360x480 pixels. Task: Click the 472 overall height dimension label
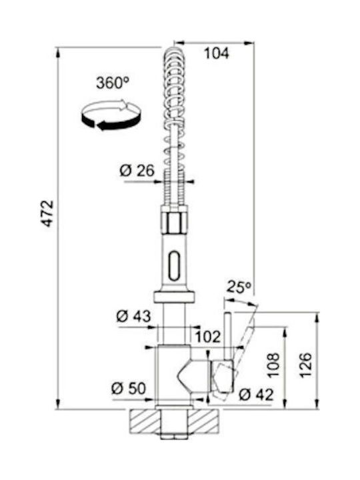(48, 214)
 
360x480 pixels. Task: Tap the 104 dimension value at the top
(217, 53)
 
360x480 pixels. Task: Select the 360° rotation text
(113, 83)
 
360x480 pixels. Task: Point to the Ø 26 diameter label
(137, 171)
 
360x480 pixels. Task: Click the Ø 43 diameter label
(134, 316)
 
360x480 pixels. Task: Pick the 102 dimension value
(208, 337)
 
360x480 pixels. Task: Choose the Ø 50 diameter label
(129, 389)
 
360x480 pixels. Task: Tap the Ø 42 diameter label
(256, 395)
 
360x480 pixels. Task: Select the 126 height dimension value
(305, 365)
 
